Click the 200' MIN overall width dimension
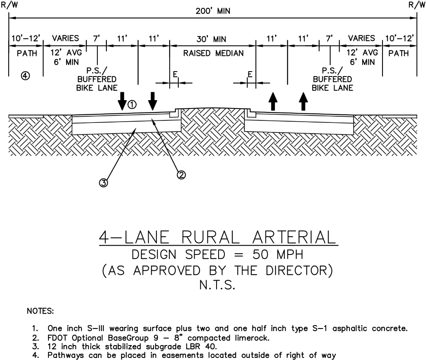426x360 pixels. [x=213, y=12]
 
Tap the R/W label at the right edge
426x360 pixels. [x=416, y=5]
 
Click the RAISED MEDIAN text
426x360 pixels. [x=213, y=53]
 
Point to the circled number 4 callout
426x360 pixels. [x=25, y=76]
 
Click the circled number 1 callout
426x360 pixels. [x=132, y=105]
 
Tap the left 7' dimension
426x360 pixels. [x=97, y=39]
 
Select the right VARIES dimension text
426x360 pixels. [x=361, y=38]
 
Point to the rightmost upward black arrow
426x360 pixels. [x=303, y=101]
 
